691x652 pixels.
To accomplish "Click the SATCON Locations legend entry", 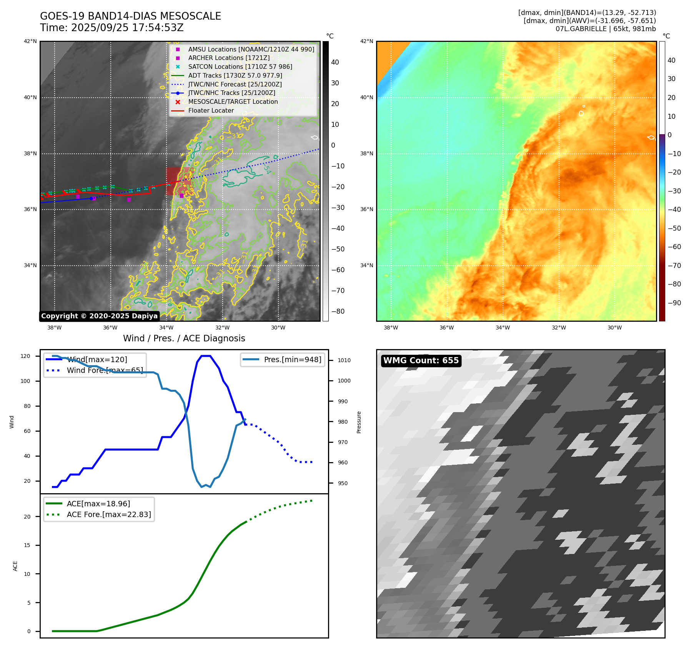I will (240, 67).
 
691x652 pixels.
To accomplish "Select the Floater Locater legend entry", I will (211, 111).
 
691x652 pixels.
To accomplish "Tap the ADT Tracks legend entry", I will (235, 76).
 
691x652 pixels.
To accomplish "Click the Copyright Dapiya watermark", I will (99, 316).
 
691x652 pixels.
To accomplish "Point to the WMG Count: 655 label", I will (421, 361).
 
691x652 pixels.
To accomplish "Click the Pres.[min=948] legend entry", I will (292, 360).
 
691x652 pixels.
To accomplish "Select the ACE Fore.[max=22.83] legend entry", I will (108, 514).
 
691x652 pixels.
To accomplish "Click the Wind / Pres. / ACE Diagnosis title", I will (184, 338).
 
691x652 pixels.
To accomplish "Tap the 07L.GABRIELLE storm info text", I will (606, 29).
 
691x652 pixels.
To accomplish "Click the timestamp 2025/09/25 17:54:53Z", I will (127, 28).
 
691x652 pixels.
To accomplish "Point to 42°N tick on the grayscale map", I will (30, 42).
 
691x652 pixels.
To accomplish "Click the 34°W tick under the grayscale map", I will (166, 328).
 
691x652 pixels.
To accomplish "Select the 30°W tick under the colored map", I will (614, 328).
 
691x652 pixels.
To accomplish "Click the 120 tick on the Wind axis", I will (25, 356).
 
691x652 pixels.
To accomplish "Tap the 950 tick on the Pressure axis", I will (343, 484).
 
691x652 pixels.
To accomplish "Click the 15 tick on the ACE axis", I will (27, 546).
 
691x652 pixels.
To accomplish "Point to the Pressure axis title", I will (359, 422).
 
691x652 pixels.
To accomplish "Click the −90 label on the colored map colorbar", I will (674, 303).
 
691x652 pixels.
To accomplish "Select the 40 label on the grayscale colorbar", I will (335, 62).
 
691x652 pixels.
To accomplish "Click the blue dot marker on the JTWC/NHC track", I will (91, 199).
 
